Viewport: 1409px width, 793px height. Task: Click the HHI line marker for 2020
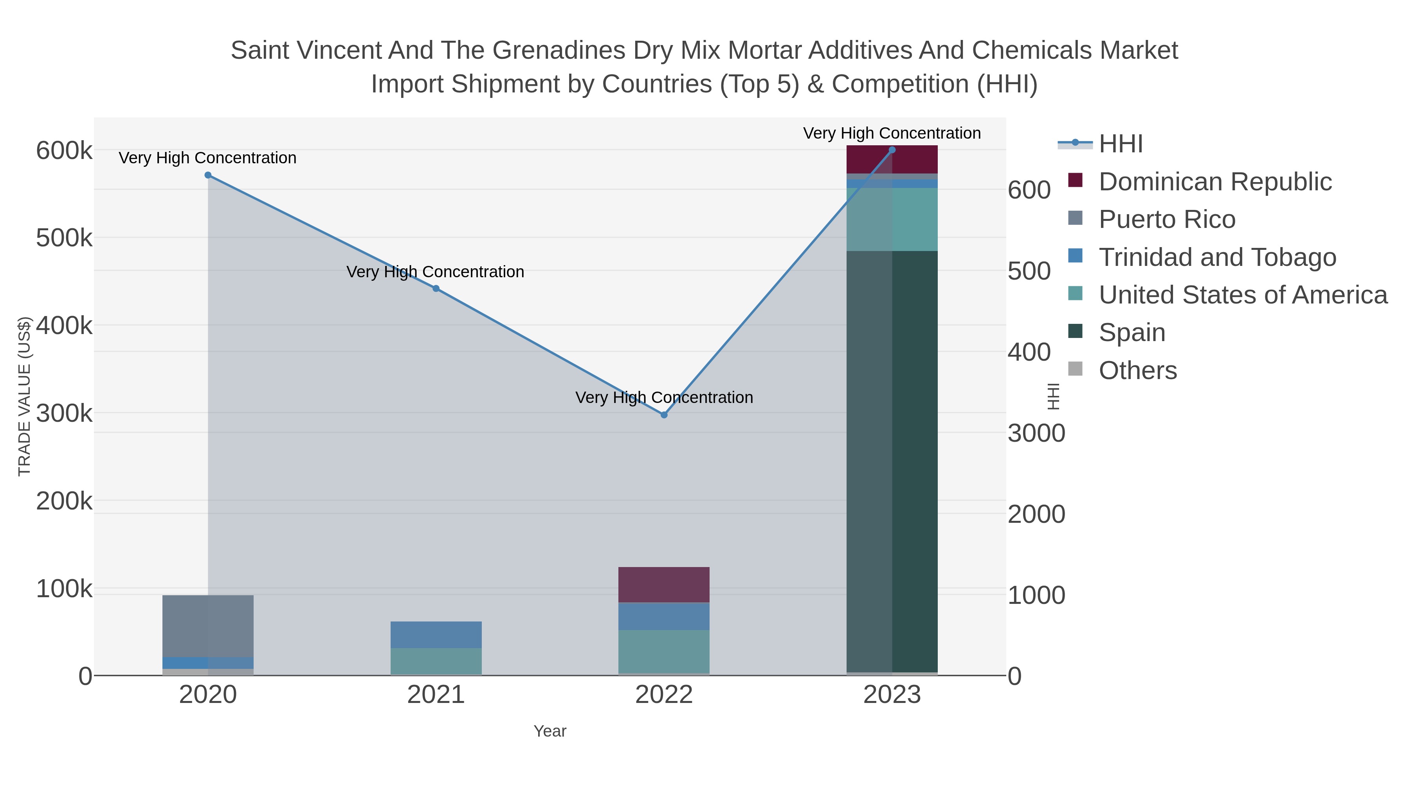tap(208, 175)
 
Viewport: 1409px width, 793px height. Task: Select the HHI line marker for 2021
tap(436, 288)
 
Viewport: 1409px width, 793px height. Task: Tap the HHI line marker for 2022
tap(664, 415)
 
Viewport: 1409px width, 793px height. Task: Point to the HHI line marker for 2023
tap(892, 150)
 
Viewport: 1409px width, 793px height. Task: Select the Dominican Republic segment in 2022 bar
tap(664, 585)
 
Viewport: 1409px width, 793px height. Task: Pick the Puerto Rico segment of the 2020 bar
tap(208, 626)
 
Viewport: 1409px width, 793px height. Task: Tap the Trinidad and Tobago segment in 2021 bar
tap(436, 635)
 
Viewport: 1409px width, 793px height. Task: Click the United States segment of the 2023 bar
tap(892, 219)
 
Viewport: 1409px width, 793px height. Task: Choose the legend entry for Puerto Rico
tap(1167, 219)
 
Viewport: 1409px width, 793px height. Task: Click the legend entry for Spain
tap(1132, 333)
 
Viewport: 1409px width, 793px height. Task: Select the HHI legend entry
tap(1121, 144)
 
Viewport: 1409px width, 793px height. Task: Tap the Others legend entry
tap(1138, 370)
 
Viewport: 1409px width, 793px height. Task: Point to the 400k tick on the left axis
tap(64, 326)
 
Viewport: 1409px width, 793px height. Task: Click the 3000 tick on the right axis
tap(1036, 434)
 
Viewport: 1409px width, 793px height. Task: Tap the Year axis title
tap(550, 731)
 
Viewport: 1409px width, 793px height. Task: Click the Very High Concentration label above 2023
tap(892, 133)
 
